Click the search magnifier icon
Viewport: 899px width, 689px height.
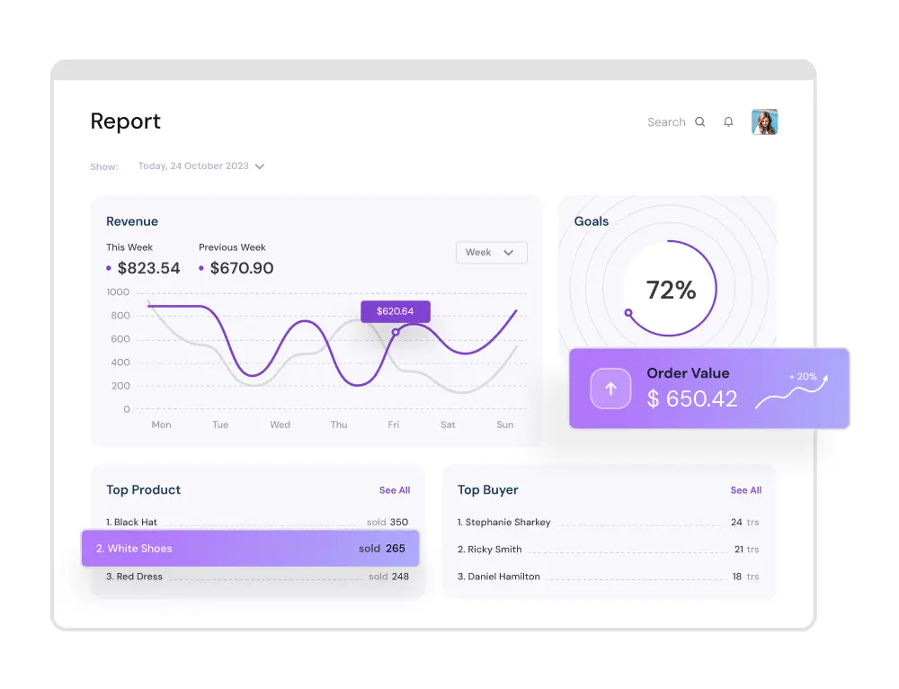pyautogui.click(x=700, y=121)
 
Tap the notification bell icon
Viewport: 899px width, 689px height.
pyautogui.click(x=728, y=121)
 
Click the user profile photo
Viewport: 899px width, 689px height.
pyautogui.click(x=765, y=121)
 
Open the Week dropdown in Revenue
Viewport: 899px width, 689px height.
pyautogui.click(x=492, y=253)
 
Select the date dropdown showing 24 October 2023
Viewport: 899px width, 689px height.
pyautogui.click(x=201, y=166)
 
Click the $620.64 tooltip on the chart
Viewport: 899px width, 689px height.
pyautogui.click(x=395, y=311)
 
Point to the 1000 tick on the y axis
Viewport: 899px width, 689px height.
pyautogui.click(x=118, y=292)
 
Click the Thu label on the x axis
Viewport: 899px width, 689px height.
pyautogui.click(x=339, y=425)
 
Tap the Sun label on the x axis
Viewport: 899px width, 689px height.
pyautogui.click(x=504, y=425)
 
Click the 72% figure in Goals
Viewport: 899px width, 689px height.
pyautogui.click(x=671, y=290)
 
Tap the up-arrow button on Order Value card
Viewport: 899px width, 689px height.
pyautogui.click(x=610, y=389)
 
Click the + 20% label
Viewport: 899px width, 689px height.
pyautogui.click(x=803, y=376)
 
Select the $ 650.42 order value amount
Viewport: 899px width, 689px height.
pyautogui.click(x=692, y=398)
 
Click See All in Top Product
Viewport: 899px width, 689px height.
pyautogui.click(x=395, y=490)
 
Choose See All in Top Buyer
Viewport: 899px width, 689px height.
pyautogui.click(x=746, y=490)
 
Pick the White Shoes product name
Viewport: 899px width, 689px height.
pyautogui.click(x=140, y=549)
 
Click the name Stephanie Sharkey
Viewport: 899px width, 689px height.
pyautogui.click(x=508, y=522)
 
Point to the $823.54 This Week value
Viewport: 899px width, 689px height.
pyautogui.click(x=148, y=268)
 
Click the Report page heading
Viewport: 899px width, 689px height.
pyautogui.click(x=126, y=121)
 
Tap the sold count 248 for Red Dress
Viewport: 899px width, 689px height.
pyautogui.click(x=400, y=577)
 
